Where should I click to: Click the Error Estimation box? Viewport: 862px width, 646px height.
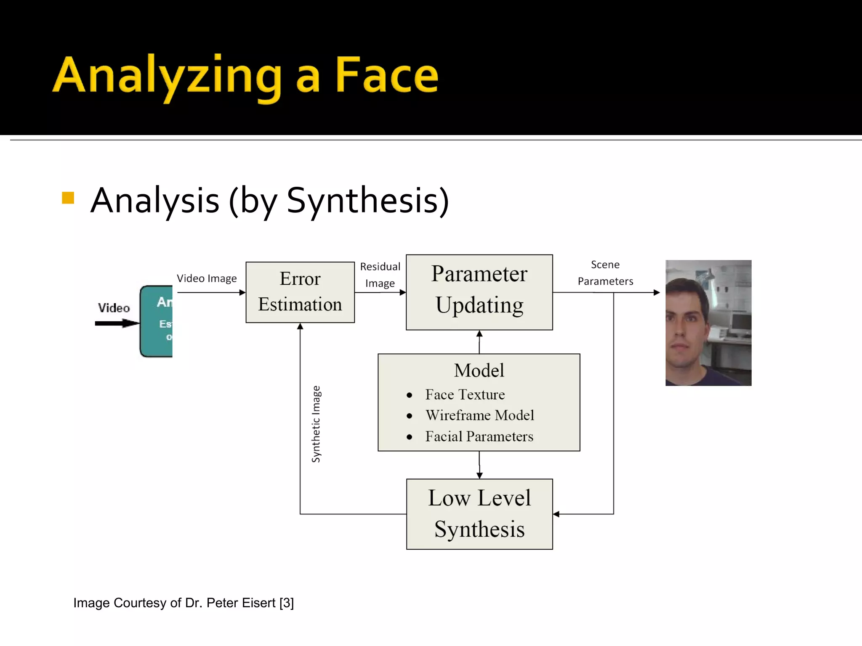300,292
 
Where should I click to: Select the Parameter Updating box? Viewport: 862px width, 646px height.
479,292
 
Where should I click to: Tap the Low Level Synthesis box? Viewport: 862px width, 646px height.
479,514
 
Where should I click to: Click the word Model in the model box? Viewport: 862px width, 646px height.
479,371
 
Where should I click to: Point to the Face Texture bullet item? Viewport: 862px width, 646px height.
465,394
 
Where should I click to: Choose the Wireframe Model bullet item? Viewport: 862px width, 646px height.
479,416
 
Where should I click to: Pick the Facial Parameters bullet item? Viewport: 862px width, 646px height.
479,437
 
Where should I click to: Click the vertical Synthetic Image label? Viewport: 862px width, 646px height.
316,424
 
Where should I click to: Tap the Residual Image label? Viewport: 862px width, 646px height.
380,275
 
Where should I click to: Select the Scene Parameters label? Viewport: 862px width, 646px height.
605,273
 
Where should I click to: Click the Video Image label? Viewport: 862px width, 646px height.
207,278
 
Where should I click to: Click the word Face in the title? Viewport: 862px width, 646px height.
386,76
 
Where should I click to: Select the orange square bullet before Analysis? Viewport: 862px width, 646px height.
68,198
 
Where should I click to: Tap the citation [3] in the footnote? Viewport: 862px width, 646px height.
287,603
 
